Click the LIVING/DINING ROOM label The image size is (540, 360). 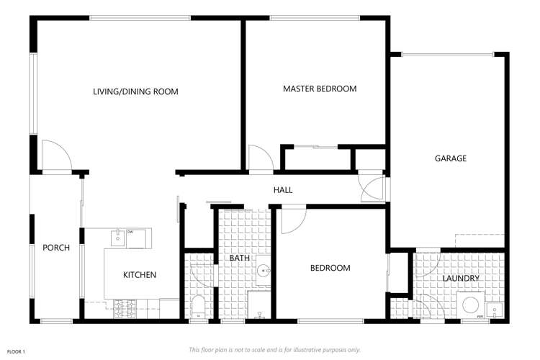[135, 91]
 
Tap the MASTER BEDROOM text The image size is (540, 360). [320, 89]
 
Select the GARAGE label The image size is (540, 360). [450, 158]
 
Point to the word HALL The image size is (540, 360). [282, 190]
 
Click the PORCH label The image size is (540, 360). [56, 248]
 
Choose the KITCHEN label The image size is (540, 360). [140, 274]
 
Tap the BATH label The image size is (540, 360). [239, 258]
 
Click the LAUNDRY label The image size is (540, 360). [461, 277]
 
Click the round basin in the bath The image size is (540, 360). [264, 271]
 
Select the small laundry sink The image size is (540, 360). [495, 310]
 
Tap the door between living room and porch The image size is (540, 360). [55, 156]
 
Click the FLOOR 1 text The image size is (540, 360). [16, 351]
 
